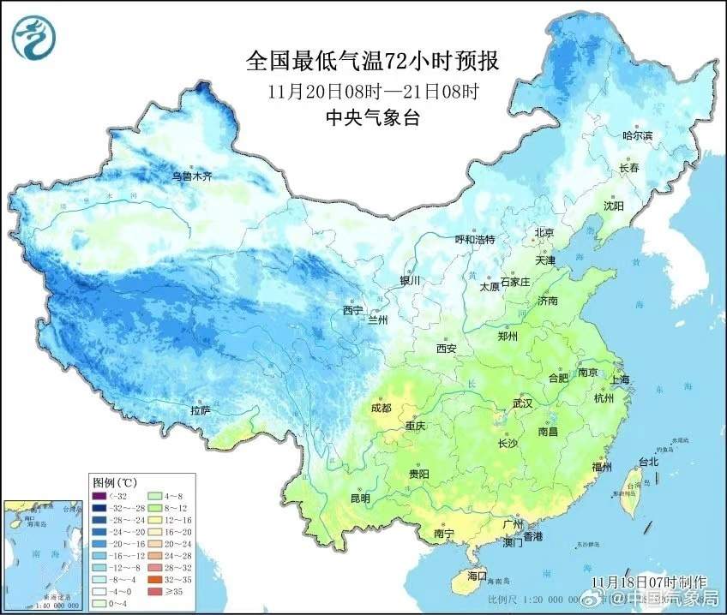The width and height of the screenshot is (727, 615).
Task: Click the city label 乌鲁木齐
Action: tap(191, 176)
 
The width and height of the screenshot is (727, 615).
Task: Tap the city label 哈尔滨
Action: tap(637, 135)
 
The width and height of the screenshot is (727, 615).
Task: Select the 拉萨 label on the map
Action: tap(201, 411)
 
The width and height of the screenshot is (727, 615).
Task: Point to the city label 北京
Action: tap(545, 232)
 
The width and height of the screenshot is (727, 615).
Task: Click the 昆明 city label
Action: tap(360, 498)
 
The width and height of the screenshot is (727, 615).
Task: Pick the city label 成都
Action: tap(381, 408)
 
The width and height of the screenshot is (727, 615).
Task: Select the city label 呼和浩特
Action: tap(474, 239)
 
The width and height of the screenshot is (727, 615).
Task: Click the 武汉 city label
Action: tap(522, 403)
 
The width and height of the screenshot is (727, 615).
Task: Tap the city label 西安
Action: tap(446, 348)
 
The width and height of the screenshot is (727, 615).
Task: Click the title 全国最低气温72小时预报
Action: tap(372, 61)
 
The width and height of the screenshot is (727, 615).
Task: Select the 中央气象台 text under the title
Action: tap(372, 119)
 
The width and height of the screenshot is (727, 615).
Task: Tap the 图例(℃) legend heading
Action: tap(113, 481)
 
